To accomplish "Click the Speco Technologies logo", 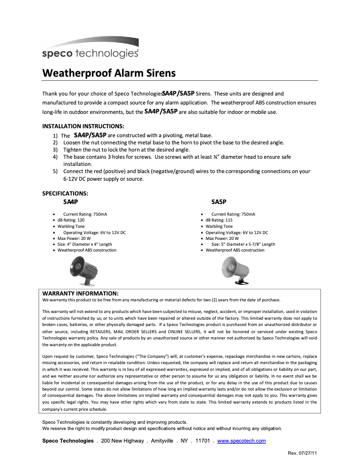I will pos(90,49).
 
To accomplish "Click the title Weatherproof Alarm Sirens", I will pos(109,73).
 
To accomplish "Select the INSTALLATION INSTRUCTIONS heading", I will pos(83,126).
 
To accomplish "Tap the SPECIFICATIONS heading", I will pos(65,194).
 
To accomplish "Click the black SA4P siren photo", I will pos(84,271).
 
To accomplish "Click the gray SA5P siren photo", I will pos(235,271).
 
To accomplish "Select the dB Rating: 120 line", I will pos(71,220).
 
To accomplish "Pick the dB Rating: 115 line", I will pos(219,220).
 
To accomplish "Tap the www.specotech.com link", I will pos(241,441).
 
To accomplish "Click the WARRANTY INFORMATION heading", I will pos(80,293).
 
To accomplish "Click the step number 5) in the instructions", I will pos(55,171).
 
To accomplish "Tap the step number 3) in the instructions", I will pos(55,150).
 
